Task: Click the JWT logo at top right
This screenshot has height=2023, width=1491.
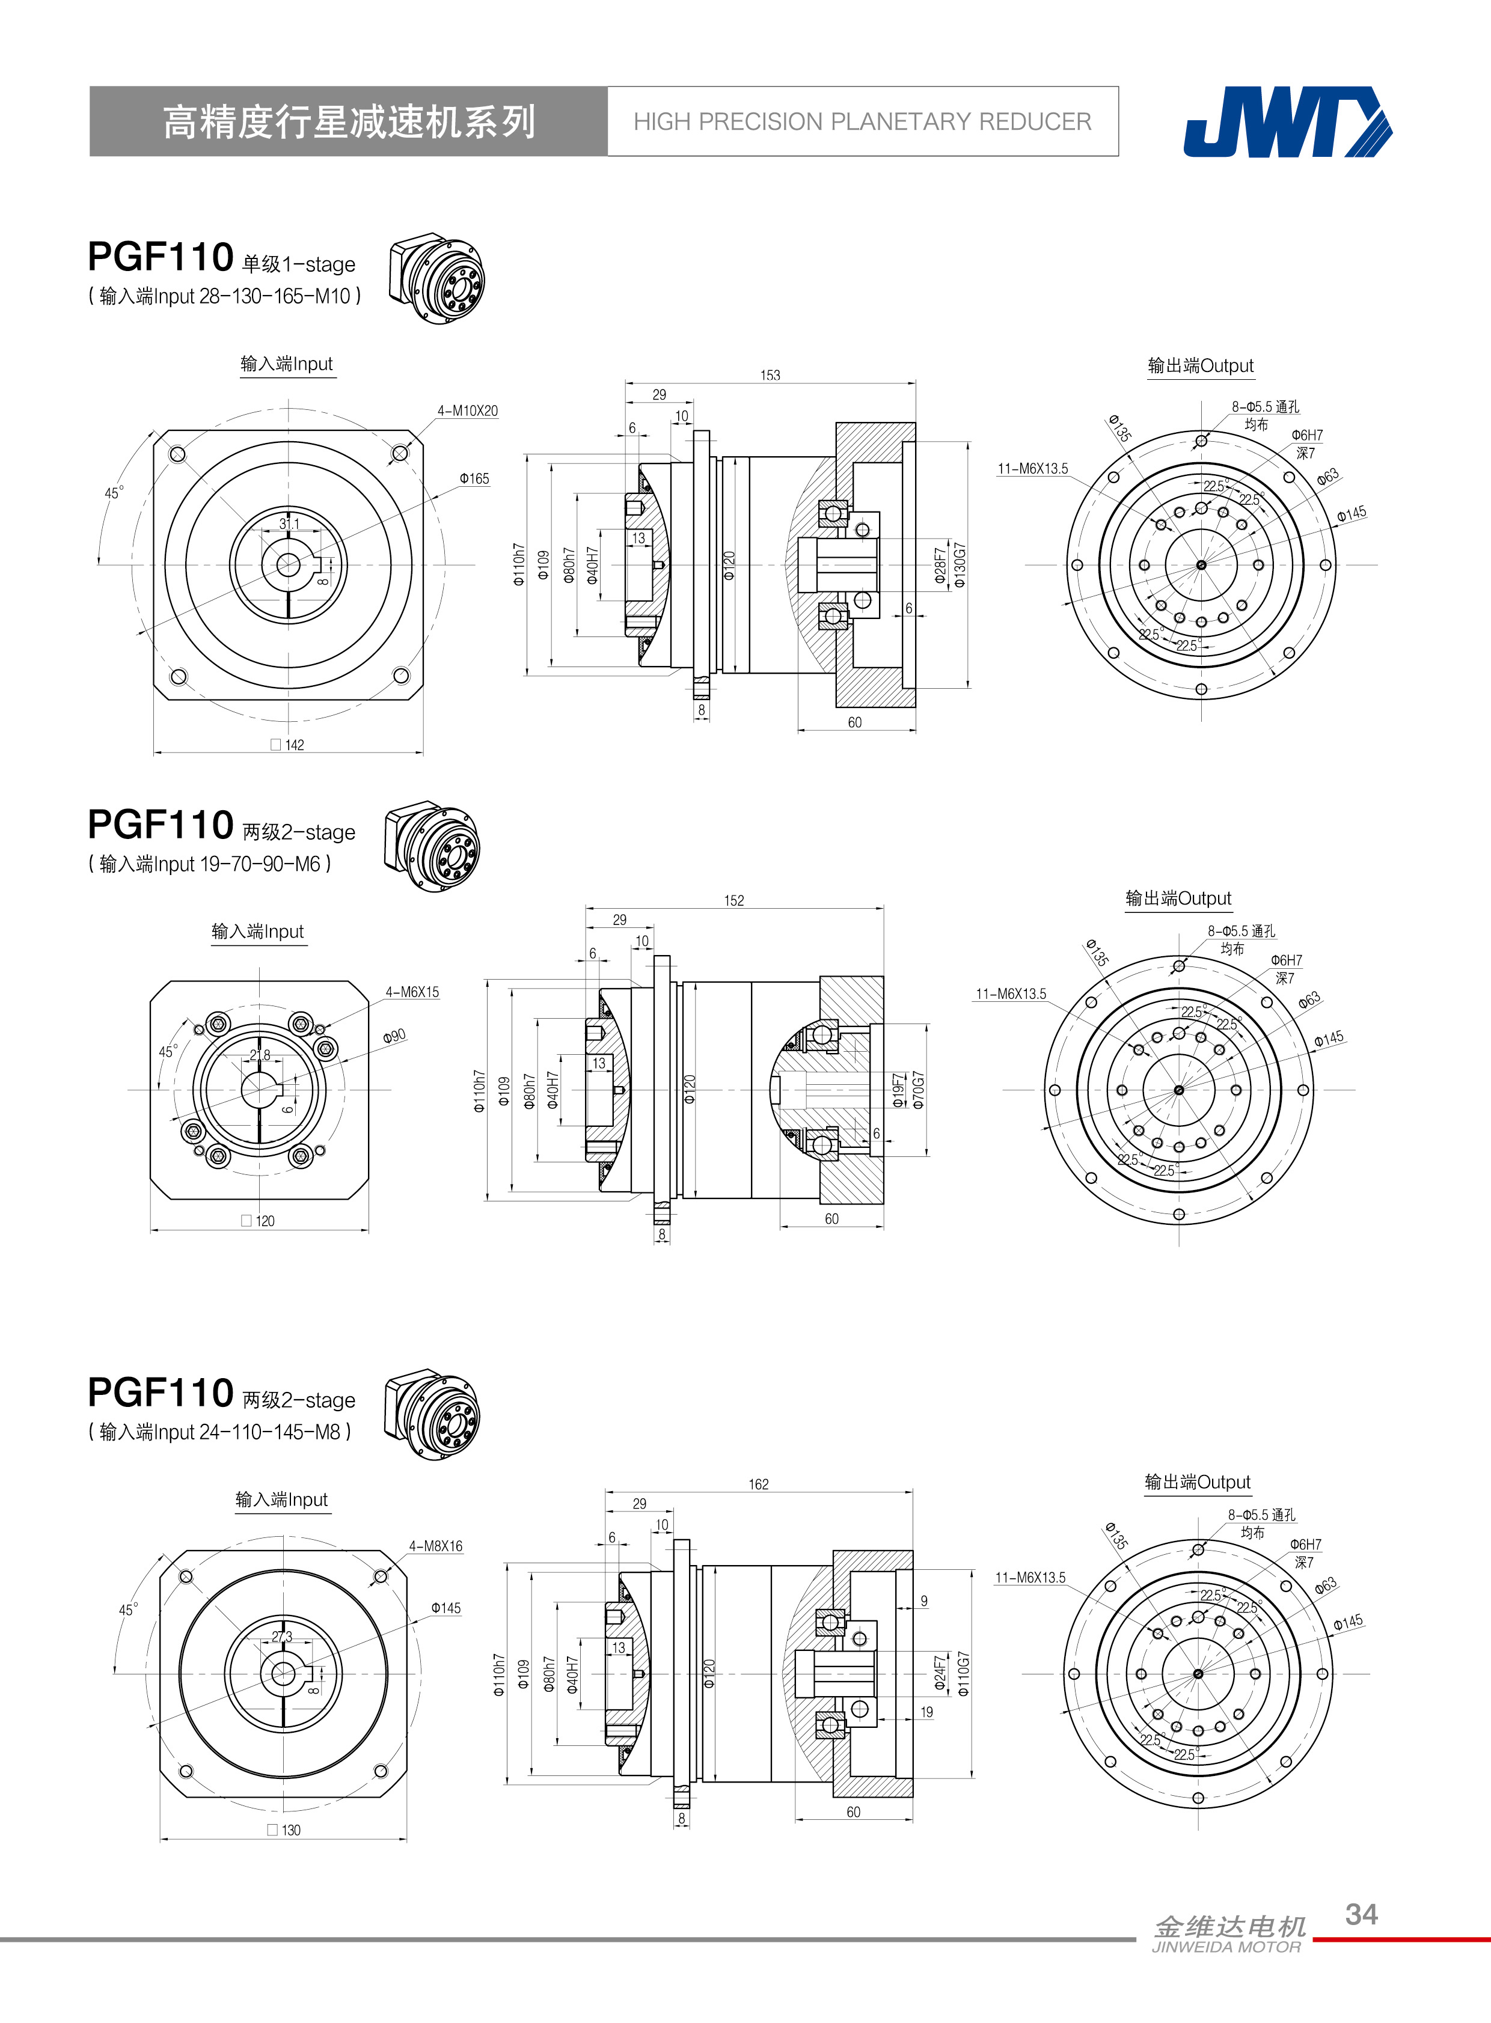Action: click(x=1287, y=122)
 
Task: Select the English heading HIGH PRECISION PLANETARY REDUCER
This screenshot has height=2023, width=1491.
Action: click(x=862, y=122)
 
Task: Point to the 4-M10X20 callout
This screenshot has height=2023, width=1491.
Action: click(x=468, y=410)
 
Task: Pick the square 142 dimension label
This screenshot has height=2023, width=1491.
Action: click(x=288, y=745)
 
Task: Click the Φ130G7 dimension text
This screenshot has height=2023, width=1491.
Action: click(x=960, y=566)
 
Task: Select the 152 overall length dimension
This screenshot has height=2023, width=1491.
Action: click(x=733, y=900)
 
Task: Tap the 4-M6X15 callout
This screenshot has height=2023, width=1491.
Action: click(x=412, y=992)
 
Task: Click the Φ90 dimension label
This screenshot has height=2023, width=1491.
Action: click(x=394, y=1036)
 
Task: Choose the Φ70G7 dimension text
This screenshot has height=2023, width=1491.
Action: click(x=919, y=1090)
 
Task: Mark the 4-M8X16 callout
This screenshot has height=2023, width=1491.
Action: click(x=435, y=1546)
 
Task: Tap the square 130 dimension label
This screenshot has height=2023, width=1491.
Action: click(x=284, y=1830)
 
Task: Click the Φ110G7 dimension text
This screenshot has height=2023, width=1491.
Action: click(x=963, y=1674)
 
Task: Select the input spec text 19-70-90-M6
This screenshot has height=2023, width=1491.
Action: click(x=260, y=864)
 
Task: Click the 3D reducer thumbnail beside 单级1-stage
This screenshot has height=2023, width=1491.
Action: click(x=437, y=281)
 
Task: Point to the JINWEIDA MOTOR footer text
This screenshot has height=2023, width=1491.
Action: click(x=1226, y=1947)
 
